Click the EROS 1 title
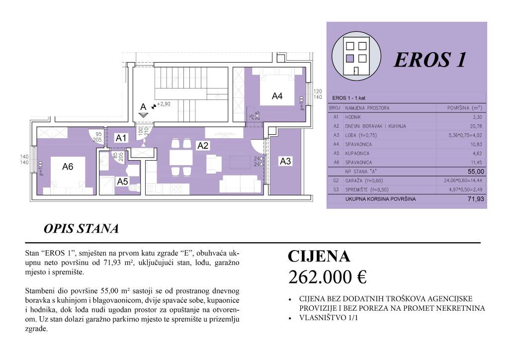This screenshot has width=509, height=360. click(430, 60)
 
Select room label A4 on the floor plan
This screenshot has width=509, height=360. click(277, 96)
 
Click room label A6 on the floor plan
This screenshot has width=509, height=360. click(68, 167)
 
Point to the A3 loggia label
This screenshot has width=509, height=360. click(285, 161)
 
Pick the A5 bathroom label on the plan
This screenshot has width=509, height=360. click(122, 182)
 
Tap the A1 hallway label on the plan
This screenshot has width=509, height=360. click(122, 139)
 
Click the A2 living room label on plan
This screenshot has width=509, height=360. click(203, 146)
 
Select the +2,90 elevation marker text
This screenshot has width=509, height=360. click(164, 104)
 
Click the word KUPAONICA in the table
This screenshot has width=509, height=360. click(359, 154)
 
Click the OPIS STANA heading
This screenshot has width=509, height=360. click(81, 229)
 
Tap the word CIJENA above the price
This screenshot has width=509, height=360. click(319, 257)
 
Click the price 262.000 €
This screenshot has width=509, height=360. click(327, 277)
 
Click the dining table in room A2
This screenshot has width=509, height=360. click(180, 158)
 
